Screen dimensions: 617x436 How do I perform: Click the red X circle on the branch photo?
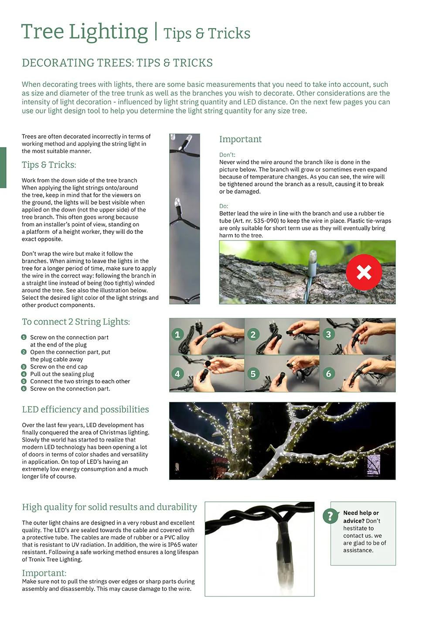pos(364,272)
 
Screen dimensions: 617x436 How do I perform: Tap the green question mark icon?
pos(330,516)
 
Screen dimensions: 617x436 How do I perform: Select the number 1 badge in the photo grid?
pos(177,335)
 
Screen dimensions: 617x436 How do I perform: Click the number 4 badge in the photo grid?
pos(177,374)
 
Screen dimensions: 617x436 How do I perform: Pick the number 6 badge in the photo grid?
pos(328,374)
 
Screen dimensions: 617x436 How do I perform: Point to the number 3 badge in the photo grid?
pos(328,335)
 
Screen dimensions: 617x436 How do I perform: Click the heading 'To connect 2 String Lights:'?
pos(76,322)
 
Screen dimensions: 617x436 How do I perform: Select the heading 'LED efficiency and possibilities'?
pos(85,409)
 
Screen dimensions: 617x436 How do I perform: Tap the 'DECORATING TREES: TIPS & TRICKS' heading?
pos(117,63)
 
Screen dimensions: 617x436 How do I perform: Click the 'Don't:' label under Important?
pos(227,155)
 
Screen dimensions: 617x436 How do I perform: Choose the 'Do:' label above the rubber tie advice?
pos(224,206)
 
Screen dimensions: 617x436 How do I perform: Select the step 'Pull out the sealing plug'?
pos(62,374)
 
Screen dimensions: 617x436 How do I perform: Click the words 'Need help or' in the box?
pos(361,513)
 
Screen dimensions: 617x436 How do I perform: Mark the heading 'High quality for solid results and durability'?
pos(109,507)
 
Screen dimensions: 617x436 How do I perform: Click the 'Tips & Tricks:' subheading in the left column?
pos(49,165)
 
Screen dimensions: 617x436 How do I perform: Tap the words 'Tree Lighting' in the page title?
pos(85,32)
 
